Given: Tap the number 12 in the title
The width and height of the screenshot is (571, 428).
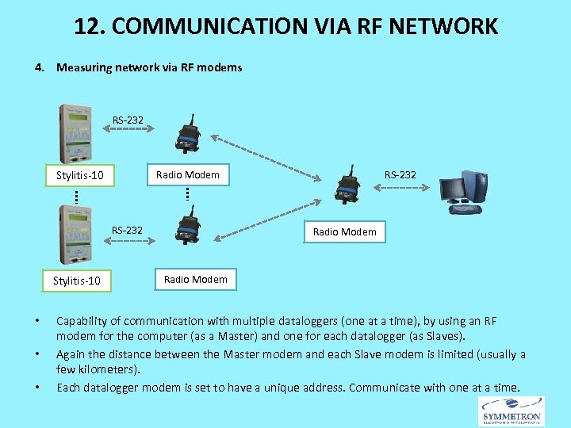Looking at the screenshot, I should (x=86, y=26).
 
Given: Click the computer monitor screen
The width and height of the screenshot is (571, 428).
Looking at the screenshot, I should (x=454, y=189).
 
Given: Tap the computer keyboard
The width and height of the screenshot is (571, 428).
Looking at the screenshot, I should (x=464, y=209).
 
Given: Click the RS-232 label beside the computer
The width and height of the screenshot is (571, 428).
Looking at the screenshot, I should (x=400, y=174).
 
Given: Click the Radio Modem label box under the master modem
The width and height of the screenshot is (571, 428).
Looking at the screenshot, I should (x=344, y=231).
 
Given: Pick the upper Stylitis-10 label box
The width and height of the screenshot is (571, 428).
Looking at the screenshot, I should (x=79, y=174).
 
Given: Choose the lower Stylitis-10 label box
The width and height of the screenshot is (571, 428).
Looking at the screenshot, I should (x=76, y=281).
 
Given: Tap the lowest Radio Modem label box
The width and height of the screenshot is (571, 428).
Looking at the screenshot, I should (x=195, y=279).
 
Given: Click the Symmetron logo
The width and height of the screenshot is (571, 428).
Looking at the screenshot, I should (x=512, y=411).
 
